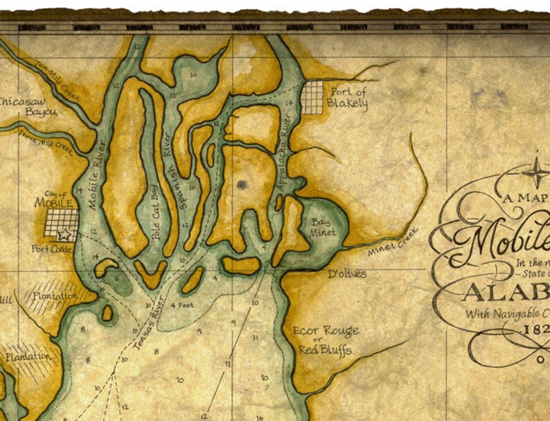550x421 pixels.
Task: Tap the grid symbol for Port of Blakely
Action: point(312,98)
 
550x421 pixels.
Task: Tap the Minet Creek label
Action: point(393,242)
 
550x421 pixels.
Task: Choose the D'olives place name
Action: point(346,274)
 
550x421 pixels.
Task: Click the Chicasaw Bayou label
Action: point(25,105)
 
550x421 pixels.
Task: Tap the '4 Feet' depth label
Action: point(181,305)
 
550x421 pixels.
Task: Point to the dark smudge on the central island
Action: point(241,184)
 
